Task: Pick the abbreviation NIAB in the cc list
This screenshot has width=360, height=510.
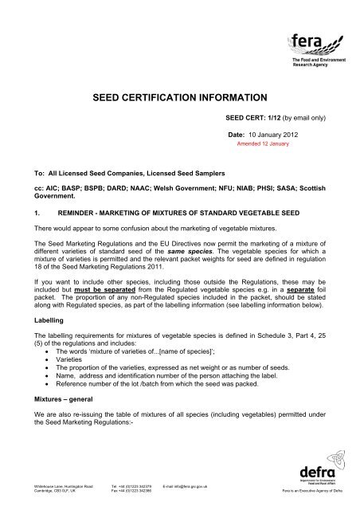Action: click(x=237, y=187)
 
